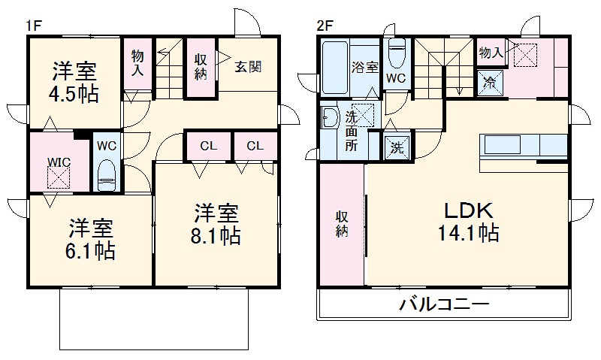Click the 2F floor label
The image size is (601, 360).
coord(325,25)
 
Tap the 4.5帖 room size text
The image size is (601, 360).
coord(75,95)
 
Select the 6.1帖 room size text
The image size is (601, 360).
coord(93,250)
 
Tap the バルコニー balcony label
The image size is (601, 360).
coord(443,305)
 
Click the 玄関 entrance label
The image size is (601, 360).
coord(248,66)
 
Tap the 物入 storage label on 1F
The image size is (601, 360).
coord(137,63)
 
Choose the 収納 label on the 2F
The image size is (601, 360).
coord(342,223)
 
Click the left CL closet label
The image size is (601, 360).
coord(207,146)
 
